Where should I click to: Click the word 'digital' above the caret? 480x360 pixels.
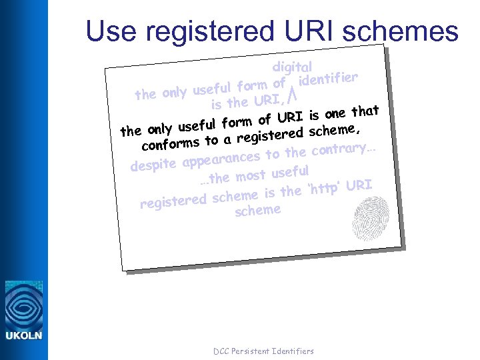[292, 67]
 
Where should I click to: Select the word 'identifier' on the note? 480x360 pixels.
[329, 80]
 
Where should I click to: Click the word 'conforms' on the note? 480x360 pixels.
[171, 143]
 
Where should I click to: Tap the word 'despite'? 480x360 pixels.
[153, 164]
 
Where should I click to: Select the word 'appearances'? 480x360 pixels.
[221, 159]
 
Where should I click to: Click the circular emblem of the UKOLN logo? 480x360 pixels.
[23, 304]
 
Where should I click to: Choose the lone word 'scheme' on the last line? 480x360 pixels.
[257, 211]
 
